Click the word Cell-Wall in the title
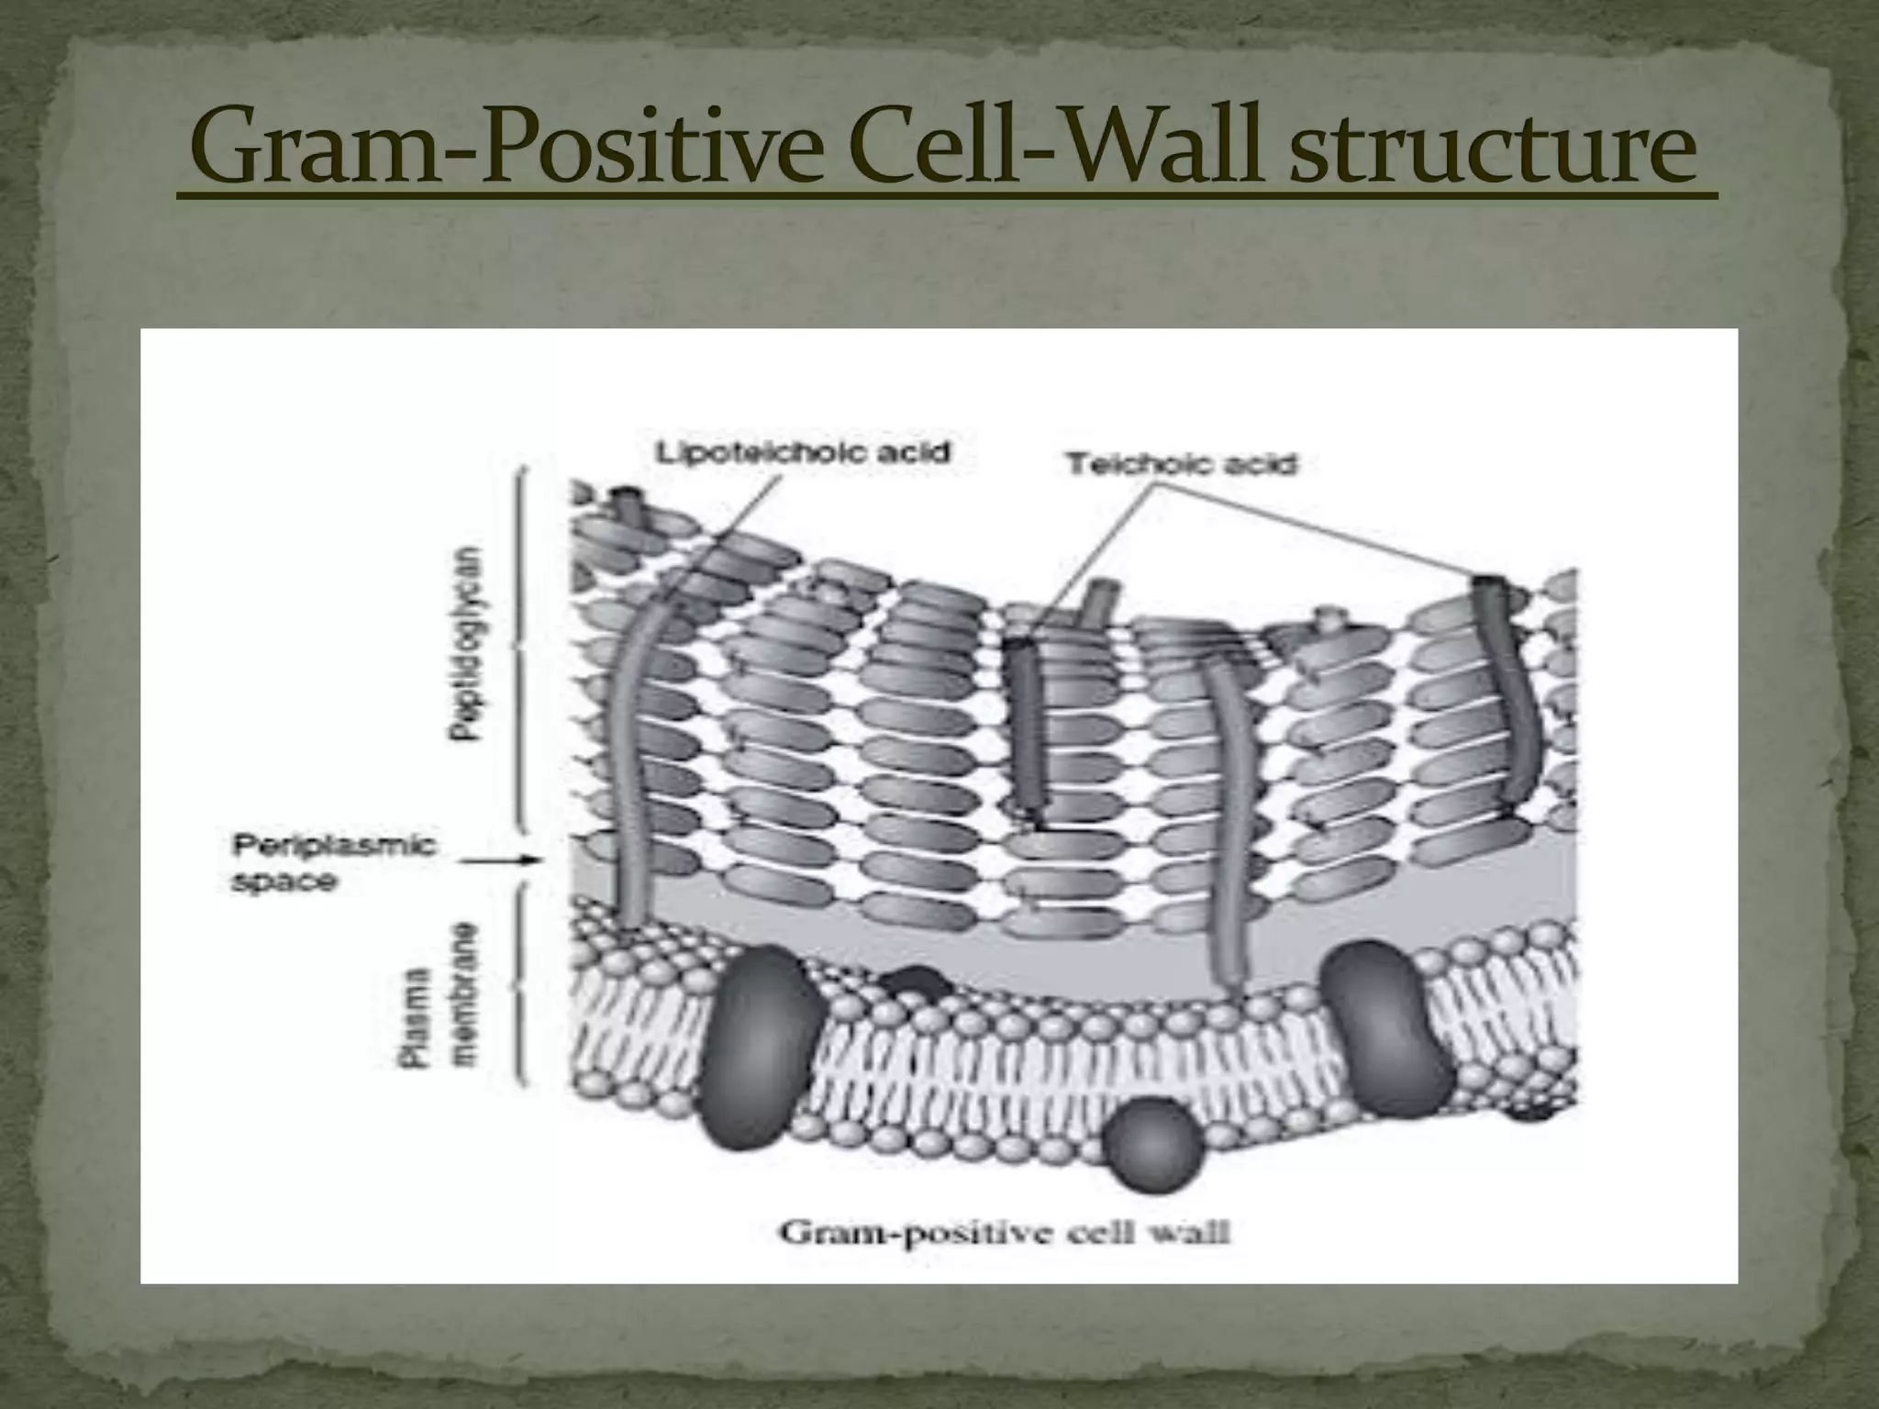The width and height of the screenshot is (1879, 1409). coord(1055,147)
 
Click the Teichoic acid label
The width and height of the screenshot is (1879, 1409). coord(1182,464)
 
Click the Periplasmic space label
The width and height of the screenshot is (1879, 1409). coord(333,862)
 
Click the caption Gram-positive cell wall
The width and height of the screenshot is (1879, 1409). coord(1004,1232)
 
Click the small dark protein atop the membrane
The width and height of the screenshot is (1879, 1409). coord(916,986)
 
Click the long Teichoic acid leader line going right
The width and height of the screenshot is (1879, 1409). coord(1321,532)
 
